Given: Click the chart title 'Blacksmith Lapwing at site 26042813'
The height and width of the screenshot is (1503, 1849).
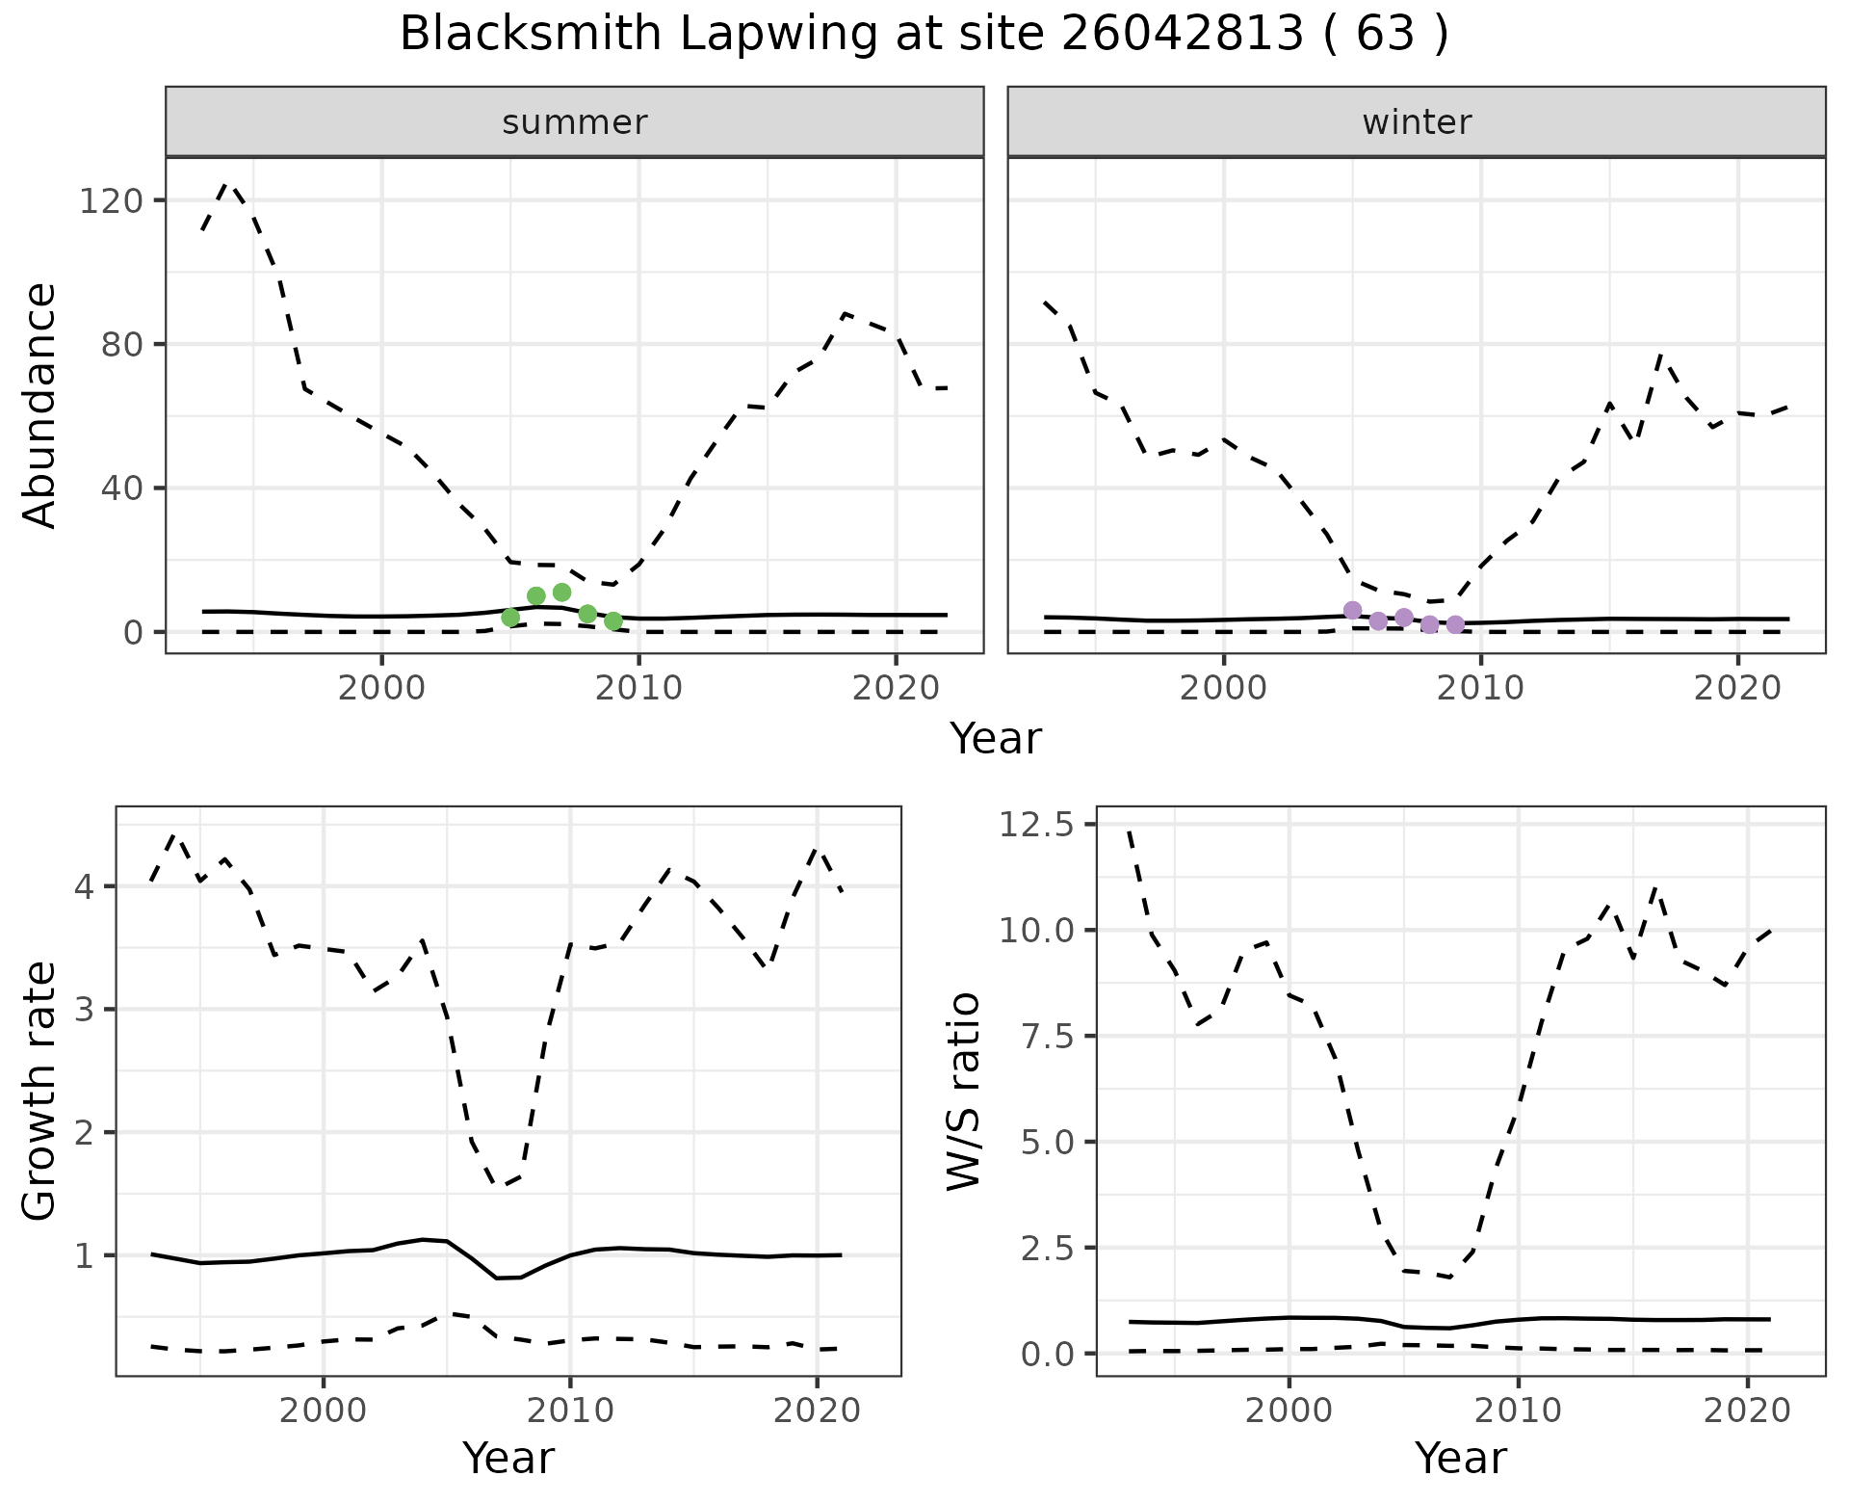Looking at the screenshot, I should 923,36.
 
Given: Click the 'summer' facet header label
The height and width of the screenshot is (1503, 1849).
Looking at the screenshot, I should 574,122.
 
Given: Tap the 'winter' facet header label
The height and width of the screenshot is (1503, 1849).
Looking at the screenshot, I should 1416,122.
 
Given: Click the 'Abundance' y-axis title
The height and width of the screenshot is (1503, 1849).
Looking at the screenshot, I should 40,406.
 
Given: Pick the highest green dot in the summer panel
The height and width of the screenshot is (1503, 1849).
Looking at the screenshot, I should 562,592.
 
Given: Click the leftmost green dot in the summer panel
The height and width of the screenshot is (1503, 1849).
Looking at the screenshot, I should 510,618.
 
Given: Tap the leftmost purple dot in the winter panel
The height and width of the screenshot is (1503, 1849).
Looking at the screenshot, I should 1352,610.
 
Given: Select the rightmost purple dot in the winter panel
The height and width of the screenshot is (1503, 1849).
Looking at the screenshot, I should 1455,624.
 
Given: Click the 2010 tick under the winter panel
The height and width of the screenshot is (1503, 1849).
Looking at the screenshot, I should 1480,688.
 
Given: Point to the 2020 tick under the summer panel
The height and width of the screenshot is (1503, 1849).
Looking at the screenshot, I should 896,688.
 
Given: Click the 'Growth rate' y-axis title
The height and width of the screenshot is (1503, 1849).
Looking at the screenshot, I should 40,1091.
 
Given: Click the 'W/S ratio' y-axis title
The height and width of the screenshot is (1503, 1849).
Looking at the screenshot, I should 963,1091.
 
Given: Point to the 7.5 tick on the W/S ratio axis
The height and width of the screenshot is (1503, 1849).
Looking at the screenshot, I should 1048,1036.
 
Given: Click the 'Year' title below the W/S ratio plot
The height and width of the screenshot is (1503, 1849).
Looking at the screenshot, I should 1460,1459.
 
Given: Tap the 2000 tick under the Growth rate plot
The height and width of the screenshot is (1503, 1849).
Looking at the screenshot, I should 324,1411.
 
